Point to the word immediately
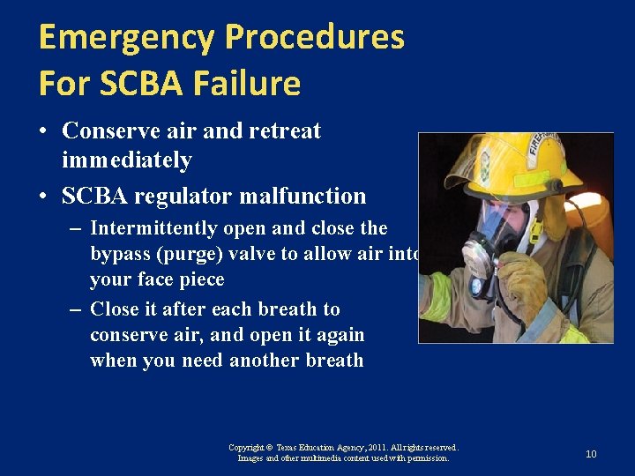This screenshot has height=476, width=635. [127, 160]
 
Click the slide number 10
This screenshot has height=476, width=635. [591, 454]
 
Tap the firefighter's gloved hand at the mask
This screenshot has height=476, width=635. [520, 282]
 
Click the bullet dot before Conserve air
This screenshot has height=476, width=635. [42, 132]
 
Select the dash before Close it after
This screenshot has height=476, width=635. [75, 309]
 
